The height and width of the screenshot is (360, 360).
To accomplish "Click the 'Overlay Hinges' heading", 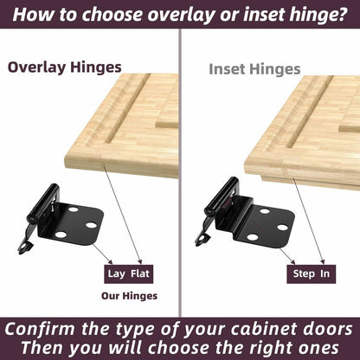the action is (x=64, y=67).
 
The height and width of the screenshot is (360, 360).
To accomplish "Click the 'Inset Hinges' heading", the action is (x=254, y=69).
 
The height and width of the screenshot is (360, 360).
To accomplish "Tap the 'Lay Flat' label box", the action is (x=129, y=274).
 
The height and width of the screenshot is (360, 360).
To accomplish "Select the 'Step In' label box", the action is (x=312, y=274).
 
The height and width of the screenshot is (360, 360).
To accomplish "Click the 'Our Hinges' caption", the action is (x=129, y=296).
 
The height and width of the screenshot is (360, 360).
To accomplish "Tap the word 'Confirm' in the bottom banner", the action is (x=40, y=329).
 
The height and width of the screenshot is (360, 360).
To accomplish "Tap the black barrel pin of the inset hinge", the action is (x=222, y=196).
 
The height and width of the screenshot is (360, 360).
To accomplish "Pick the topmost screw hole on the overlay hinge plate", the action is (x=74, y=209).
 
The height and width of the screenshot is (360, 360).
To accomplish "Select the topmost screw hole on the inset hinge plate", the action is (x=265, y=211).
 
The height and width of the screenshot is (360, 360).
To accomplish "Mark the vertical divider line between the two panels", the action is (x=180, y=172).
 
